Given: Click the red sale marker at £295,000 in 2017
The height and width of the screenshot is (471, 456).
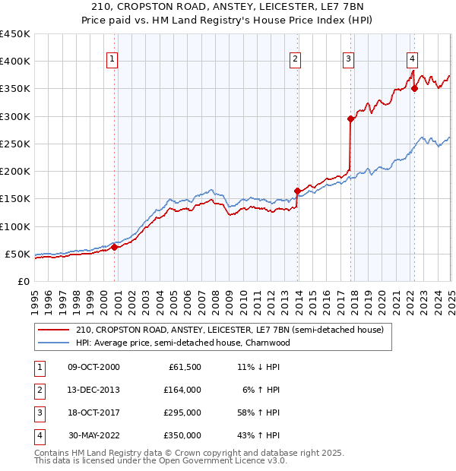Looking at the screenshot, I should [x=350, y=119].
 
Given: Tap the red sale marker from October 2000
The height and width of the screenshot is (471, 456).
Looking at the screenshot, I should [x=114, y=247].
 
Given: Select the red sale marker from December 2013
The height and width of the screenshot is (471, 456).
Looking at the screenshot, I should [x=297, y=191].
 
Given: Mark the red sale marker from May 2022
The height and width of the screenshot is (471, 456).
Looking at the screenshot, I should [x=415, y=88].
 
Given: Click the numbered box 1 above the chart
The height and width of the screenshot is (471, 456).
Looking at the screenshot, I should [x=112, y=58].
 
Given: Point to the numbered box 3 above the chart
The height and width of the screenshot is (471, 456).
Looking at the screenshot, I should [x=348, y=58].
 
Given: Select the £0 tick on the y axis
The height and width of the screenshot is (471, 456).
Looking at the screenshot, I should [x=24, y=281].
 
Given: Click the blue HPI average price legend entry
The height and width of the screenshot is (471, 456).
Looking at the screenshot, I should [x=182, y=343].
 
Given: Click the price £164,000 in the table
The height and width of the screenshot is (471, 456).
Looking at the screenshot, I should [x=183, y=390].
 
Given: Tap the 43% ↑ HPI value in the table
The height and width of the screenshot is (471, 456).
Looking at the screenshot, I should [x=258, y=435].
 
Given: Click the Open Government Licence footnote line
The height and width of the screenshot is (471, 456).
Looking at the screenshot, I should [x=161, y=461].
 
